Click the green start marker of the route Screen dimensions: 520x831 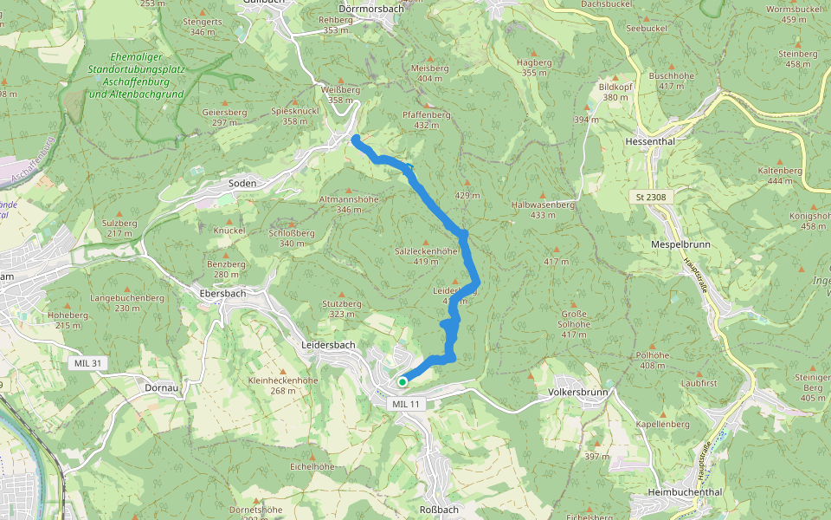pos(403,381)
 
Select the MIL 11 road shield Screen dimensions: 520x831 pos(405,404)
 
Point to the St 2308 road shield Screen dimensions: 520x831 pos(651,198)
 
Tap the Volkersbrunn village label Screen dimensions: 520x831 pos(580,392)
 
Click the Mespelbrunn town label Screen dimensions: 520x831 pos(680,244)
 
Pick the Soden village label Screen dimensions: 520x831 pos(242,184)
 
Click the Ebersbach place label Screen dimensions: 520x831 pos(222,293)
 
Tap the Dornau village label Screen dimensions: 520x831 pos(162,388)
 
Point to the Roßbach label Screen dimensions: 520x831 pos(439,509)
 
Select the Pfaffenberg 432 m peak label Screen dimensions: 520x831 pos(427,120)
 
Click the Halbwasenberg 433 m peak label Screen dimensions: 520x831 pos(544,209)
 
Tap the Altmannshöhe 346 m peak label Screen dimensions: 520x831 pos(349,204)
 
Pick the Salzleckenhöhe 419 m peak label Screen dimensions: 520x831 pos(425,255)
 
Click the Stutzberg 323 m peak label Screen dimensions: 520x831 pos(341,309)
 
